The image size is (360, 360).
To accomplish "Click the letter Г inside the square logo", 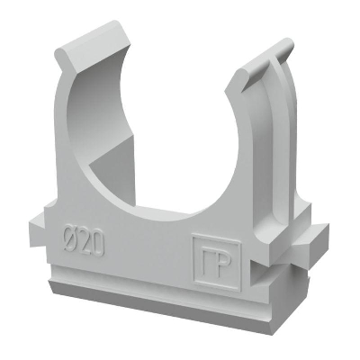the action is pos(207,259).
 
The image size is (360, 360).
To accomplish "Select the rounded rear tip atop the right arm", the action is pos(284,48).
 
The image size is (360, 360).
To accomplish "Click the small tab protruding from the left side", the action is pos(38,227).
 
